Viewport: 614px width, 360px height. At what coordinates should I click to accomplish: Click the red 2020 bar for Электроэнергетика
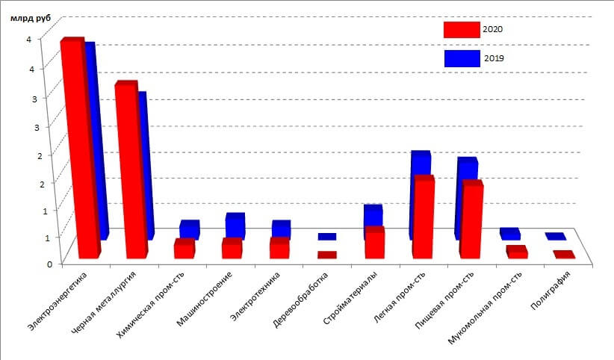[79, 149]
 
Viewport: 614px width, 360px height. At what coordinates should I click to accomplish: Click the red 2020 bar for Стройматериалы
[374, 244]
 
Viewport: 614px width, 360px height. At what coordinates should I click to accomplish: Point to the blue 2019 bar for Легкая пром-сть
[421, 164]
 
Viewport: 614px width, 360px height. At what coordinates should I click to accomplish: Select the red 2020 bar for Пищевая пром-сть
[471, 220]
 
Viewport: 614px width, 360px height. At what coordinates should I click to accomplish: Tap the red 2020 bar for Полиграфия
[564, 255]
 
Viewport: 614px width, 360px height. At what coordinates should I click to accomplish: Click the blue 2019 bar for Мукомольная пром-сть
[510, 234]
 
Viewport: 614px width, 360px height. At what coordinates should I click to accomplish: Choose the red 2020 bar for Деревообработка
[327, 255]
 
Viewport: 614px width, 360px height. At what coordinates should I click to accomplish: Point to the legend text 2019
[494, 58]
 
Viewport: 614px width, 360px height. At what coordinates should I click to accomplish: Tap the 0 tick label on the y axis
[28, 263]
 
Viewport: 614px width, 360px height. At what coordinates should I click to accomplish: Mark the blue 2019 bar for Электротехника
[282, 228]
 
